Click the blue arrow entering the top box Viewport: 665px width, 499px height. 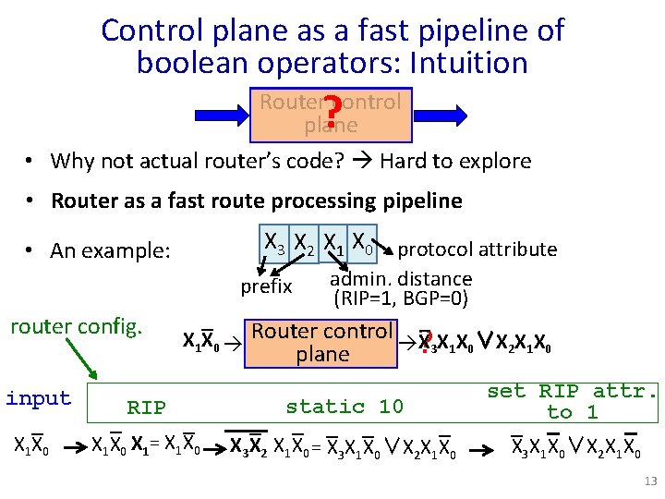(x=221, y=115)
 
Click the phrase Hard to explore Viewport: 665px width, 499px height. (x=455, y=161)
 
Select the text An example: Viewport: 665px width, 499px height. (x=111, y=250)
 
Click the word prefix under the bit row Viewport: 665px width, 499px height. (x=266, y=286)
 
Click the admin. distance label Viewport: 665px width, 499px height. (x=401, y=278)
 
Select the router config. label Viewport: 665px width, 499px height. (x=76, y=326)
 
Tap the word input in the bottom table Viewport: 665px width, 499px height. (x=38, y=398)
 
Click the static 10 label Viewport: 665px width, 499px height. (x=345, y=407)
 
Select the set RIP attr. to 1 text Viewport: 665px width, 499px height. (x=573, y=401)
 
